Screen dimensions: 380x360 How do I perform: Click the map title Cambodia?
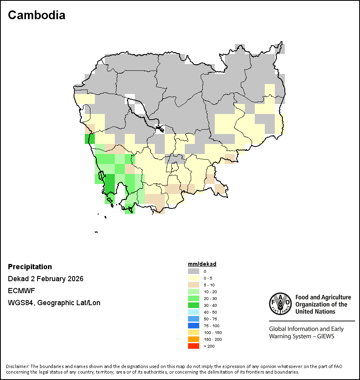(36, 15)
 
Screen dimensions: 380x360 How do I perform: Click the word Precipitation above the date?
(30, 267)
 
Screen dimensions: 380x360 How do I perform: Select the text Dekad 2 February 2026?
(46, 279)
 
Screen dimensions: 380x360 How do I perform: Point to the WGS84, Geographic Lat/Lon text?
(54, 303)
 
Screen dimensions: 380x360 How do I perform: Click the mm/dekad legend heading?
(202, 264)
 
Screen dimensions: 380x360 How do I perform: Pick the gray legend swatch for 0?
(194, 271)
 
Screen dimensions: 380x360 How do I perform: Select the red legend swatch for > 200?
(194, 346)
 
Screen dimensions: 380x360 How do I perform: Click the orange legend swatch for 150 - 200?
(194, 339)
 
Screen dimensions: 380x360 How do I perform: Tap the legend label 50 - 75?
(210, 319)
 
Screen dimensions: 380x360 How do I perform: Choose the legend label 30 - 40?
(210, 305)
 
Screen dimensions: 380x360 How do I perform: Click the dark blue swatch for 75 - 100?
(194, 326)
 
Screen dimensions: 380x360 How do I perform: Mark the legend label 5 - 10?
(209, 285)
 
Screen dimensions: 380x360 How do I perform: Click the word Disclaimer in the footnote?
(17, 366)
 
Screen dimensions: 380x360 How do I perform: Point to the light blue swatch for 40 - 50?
(194, 312)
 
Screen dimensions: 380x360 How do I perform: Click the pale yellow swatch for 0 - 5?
(194, 278)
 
